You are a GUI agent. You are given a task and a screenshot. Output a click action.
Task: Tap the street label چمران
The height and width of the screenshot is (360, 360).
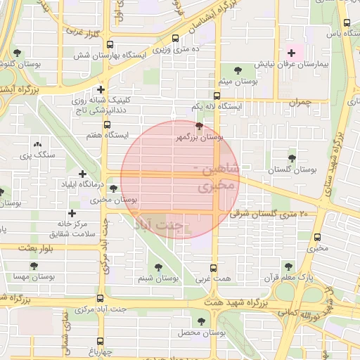click(300, 102)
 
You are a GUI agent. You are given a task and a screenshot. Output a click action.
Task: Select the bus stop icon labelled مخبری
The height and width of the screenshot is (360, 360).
click(317, 237)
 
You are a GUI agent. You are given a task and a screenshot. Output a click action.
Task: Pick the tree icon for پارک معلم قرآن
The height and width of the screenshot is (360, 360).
click(288, 266)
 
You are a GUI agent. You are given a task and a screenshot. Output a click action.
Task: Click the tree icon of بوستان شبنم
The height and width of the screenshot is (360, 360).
click(158, 268)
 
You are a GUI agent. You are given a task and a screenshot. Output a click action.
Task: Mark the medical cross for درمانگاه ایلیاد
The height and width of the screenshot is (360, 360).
click(83, 173)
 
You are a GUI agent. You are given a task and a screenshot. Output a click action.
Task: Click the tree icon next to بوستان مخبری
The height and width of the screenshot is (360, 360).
click(113, 188)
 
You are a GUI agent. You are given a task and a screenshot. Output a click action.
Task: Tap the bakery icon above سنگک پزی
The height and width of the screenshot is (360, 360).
click(37, 143)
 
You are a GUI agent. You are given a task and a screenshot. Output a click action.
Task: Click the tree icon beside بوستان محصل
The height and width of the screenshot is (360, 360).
click(201, 321)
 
